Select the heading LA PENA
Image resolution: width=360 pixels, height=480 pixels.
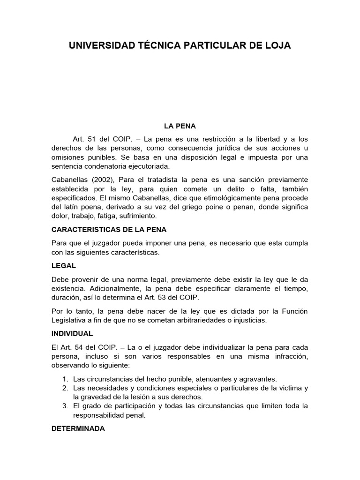(180, 126)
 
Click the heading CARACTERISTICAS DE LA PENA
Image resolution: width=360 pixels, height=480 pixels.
(109, 230)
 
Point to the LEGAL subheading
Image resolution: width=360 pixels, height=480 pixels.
(64, 265)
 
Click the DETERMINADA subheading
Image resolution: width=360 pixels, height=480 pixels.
(78, 428)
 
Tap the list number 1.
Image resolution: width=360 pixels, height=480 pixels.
(65, 379)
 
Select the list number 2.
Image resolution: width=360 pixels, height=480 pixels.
(65, 388)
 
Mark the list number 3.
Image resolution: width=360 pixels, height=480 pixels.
(65, 406)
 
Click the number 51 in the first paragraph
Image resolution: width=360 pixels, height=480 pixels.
(91, 139)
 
